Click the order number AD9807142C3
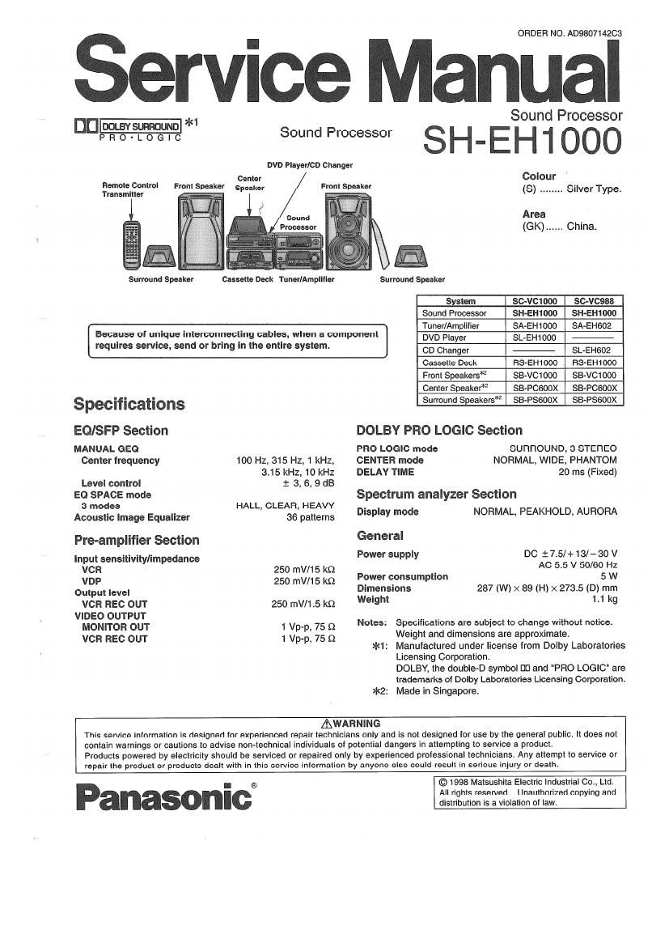tap(569, 33)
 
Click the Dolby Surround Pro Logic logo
tap(128, 130)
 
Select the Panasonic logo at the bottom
tap(163, 796)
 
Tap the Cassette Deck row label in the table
tap(449, 363)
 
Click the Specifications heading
tap(129, 404)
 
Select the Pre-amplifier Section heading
tap(136, 540)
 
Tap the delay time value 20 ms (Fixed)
tap(587, 472)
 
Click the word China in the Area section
tap(582, 227)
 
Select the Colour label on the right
tap(539, 176)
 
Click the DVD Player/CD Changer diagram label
tap(310, 165)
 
